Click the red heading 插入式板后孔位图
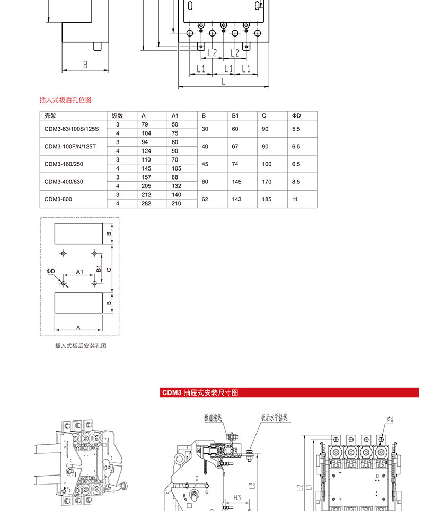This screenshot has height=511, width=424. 65,100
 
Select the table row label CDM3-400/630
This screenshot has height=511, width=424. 64,182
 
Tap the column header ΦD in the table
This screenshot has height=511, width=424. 296,115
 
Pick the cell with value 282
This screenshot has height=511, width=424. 146,203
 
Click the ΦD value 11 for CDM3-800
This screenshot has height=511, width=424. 295,199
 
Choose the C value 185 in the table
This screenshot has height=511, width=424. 267,199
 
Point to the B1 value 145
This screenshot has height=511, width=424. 236,182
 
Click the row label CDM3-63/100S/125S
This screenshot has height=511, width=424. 72,129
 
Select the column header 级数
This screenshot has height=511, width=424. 117,115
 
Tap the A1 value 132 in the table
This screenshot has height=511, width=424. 176,186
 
